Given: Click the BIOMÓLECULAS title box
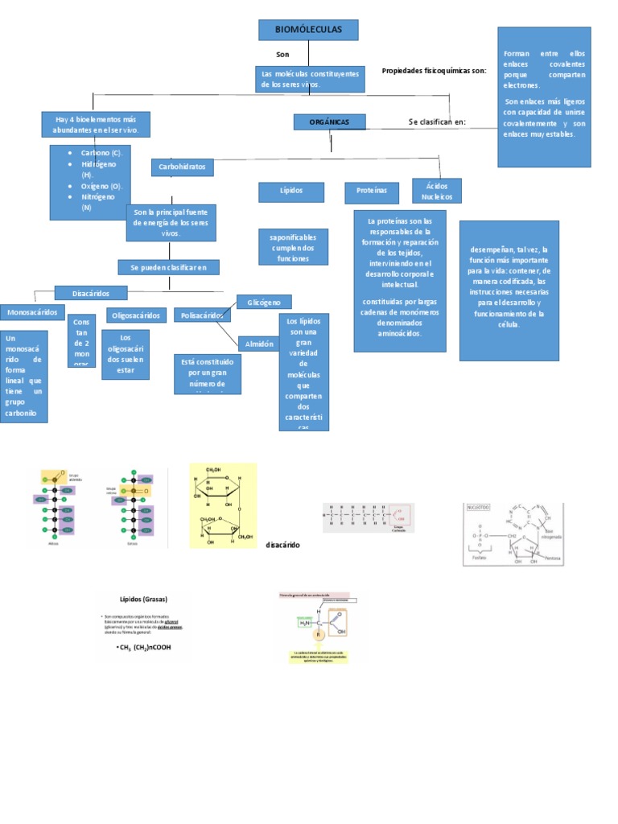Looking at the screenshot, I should pos(308,30).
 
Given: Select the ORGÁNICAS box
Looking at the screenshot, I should pos(329,122).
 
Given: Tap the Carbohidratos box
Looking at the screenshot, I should pos(183,167).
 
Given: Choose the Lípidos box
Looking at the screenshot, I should pos(290,192).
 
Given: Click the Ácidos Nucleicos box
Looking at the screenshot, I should pos(437,191).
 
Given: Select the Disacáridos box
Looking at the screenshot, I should pos(91,293).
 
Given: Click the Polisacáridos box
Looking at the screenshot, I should pos(202,315).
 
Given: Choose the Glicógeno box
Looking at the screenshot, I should pos(264,302).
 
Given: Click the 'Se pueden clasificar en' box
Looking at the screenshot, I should pos(168,267).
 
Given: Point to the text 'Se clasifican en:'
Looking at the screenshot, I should pos(437,122).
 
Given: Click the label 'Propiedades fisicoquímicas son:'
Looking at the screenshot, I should pos(434,71).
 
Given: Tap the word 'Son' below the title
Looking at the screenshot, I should pos(282,55).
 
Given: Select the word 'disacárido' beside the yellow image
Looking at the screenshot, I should pos(282,545).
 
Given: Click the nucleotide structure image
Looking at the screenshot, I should pos(513,534).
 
